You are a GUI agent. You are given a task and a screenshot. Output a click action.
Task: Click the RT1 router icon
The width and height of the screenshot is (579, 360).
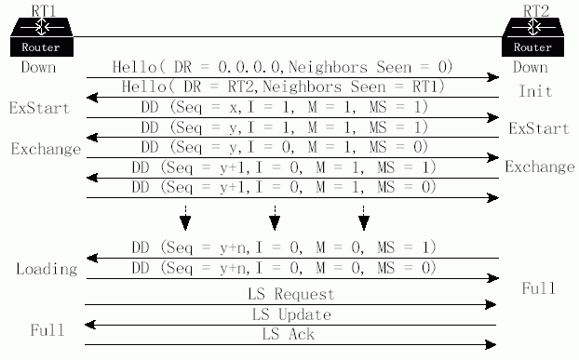pos(42,37)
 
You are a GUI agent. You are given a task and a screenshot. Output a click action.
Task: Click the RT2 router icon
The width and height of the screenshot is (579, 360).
pos(532,37)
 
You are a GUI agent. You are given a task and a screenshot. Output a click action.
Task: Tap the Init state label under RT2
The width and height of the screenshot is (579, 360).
pos(535,91)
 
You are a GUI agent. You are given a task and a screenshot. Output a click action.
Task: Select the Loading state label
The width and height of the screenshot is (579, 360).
pos(47,269)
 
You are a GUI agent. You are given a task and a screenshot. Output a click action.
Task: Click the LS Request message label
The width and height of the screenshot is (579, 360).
pos(291,294)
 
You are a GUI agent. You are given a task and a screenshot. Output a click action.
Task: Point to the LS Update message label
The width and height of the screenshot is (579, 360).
pos(291,314)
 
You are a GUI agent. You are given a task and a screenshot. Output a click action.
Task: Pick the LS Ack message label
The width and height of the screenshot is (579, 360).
pos(288,334)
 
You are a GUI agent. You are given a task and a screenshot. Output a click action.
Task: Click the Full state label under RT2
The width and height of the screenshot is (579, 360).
pos(538,288)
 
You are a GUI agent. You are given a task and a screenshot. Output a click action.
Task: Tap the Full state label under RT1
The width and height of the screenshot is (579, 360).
pos(47,329)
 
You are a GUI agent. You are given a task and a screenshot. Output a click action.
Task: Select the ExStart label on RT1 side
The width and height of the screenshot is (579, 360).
pos(39,108)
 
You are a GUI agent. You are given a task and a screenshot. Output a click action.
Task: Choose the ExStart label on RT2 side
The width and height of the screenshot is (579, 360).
pos(539,128)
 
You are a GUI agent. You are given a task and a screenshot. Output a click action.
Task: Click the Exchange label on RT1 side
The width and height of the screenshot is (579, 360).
pos(46,149)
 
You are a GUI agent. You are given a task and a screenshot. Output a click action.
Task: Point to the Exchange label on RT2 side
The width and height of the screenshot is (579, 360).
pos(540,167)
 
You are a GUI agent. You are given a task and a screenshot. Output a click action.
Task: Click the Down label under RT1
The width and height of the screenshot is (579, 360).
pos(38,67)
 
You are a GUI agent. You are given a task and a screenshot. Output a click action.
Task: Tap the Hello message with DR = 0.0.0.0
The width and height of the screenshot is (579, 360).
pos(282,67)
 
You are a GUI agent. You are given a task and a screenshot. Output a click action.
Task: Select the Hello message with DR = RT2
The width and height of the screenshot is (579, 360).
pos(283,87)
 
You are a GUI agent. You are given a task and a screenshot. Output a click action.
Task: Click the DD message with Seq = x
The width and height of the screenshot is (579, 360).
pos(284,107)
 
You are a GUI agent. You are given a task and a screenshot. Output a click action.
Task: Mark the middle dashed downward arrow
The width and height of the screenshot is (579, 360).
pos(275,218)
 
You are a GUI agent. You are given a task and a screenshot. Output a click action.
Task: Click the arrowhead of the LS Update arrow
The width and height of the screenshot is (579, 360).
pos(91,325)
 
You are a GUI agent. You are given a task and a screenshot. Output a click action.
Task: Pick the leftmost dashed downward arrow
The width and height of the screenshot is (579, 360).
pos(185,218)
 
